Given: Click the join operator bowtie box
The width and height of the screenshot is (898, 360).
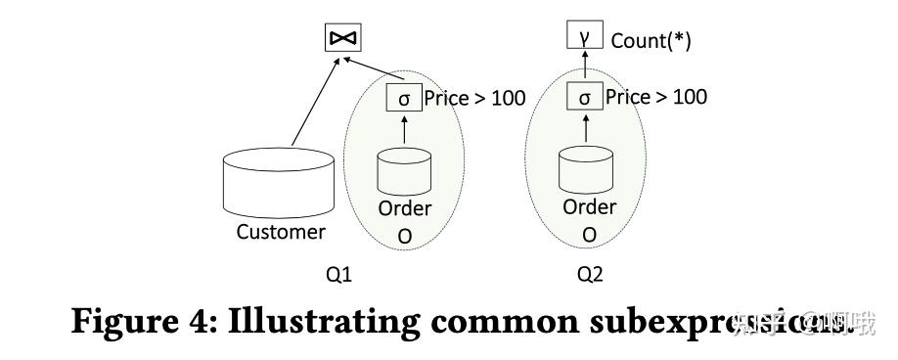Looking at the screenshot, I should (x=342, y=37).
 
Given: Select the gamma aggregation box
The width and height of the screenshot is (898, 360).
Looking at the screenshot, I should (x=584, y=38).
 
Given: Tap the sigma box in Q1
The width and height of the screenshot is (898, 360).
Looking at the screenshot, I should (x=404, y=99).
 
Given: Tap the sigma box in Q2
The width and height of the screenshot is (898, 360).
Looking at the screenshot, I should (x=584, y=97).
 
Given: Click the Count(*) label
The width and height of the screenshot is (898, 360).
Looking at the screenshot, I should (x=651, y=41).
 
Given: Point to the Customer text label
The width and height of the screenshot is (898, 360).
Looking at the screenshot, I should (x=281, y=232).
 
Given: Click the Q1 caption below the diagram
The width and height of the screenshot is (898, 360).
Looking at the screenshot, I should (x=337, y=275).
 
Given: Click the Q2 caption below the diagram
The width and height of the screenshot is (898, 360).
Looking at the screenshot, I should (x=589, y=275).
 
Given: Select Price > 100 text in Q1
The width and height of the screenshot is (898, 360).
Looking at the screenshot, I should (x=474, y=99).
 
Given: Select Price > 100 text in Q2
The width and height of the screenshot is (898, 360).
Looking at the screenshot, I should (x=655, y=97).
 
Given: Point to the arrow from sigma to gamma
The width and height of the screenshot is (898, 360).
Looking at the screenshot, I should (x=584, y=67).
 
